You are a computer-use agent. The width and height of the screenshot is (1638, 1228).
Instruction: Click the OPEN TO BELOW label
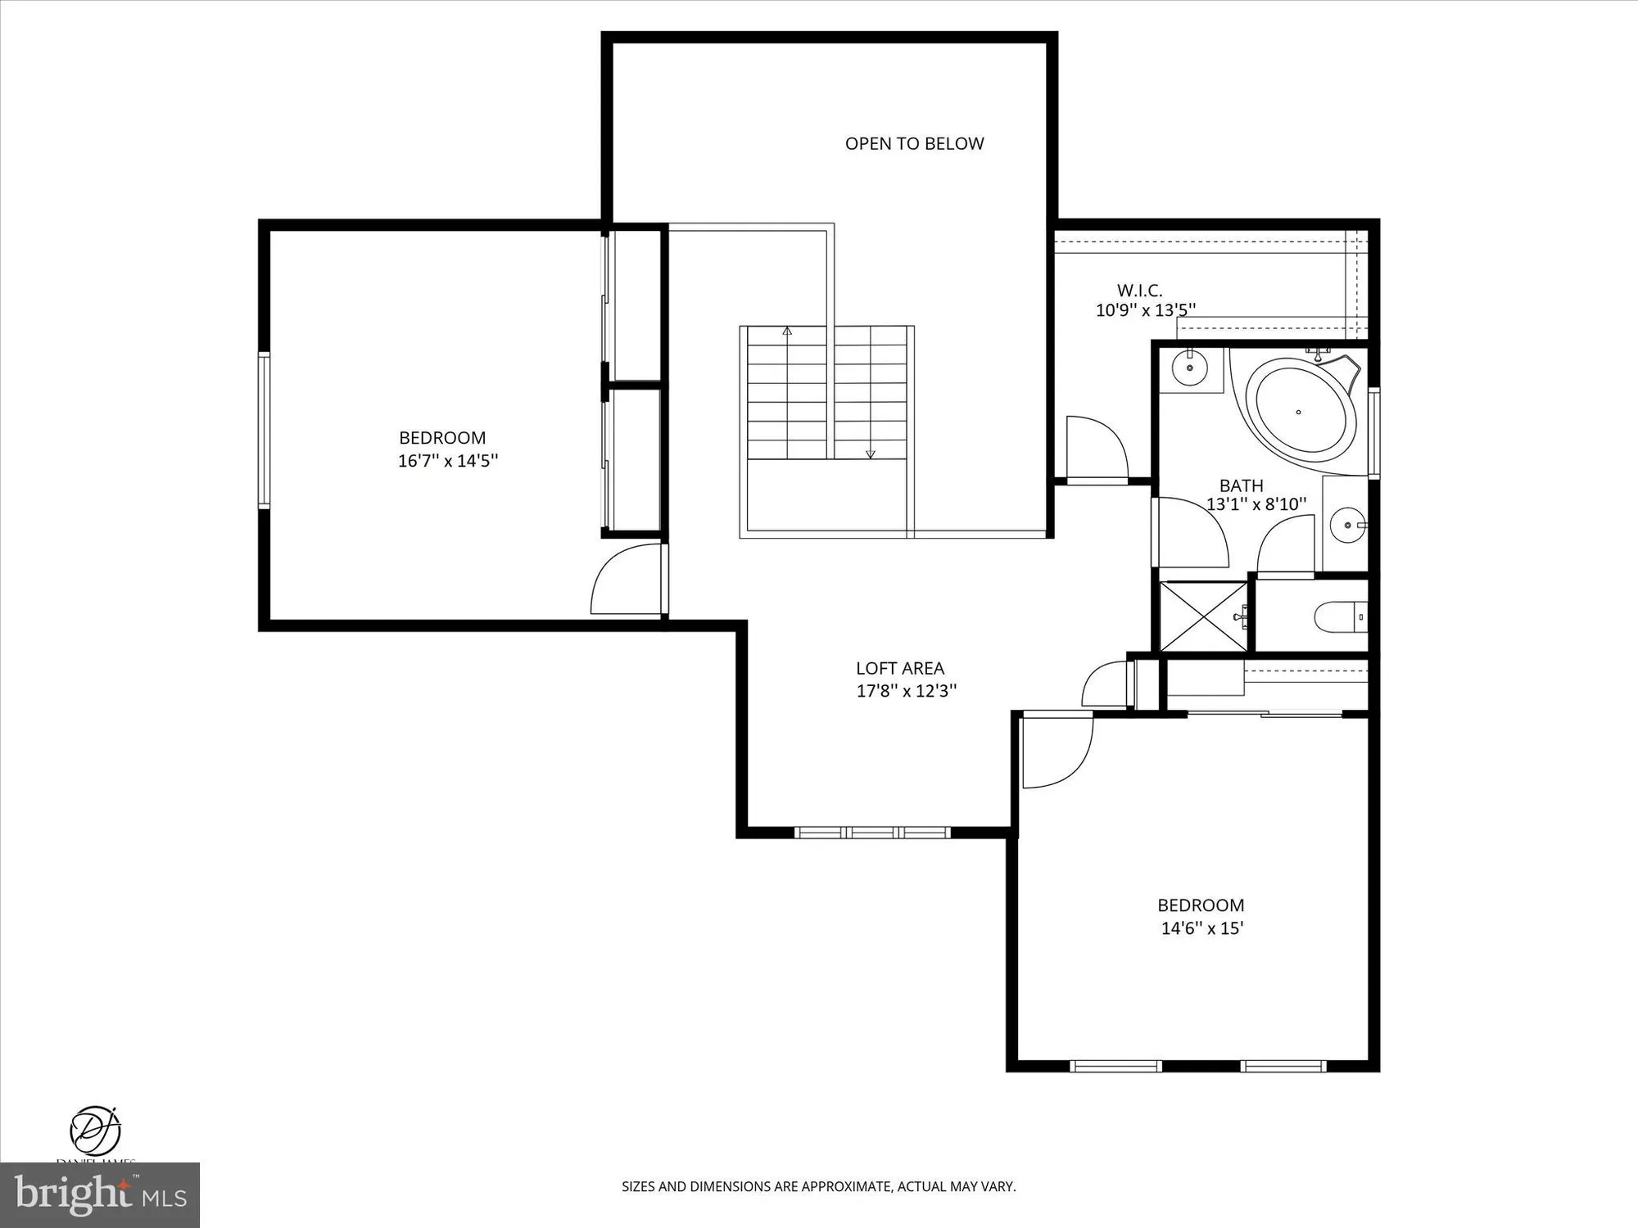click(914, 144)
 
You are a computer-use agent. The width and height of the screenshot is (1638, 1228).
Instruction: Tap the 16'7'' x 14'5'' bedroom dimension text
click(448, 461)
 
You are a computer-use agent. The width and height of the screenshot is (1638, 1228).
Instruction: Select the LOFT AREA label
click(900, 669)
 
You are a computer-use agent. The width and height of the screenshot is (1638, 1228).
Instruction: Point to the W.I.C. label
click(1139, 291)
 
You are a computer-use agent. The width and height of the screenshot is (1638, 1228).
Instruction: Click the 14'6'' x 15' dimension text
click(1201, 928)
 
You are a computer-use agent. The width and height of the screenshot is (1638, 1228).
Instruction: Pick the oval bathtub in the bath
click(1300, 412)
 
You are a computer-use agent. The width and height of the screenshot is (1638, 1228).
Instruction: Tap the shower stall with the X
click(1203, 616)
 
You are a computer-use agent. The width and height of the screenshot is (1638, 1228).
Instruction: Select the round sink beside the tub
click(1189, 368)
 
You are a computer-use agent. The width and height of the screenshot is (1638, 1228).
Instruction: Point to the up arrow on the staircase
click(787, 332)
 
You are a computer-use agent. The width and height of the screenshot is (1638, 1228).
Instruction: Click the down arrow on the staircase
click(871, 453)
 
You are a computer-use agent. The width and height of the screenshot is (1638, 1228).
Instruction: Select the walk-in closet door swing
click(1096, 448)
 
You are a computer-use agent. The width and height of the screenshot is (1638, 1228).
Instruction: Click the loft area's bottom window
click(872, 833)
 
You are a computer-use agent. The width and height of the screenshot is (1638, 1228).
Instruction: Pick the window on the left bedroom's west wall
click(264, 430)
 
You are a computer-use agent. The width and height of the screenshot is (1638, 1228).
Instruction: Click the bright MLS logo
click(100, 1195)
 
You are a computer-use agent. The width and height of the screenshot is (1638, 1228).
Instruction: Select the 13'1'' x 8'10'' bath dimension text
click(1256, 504)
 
